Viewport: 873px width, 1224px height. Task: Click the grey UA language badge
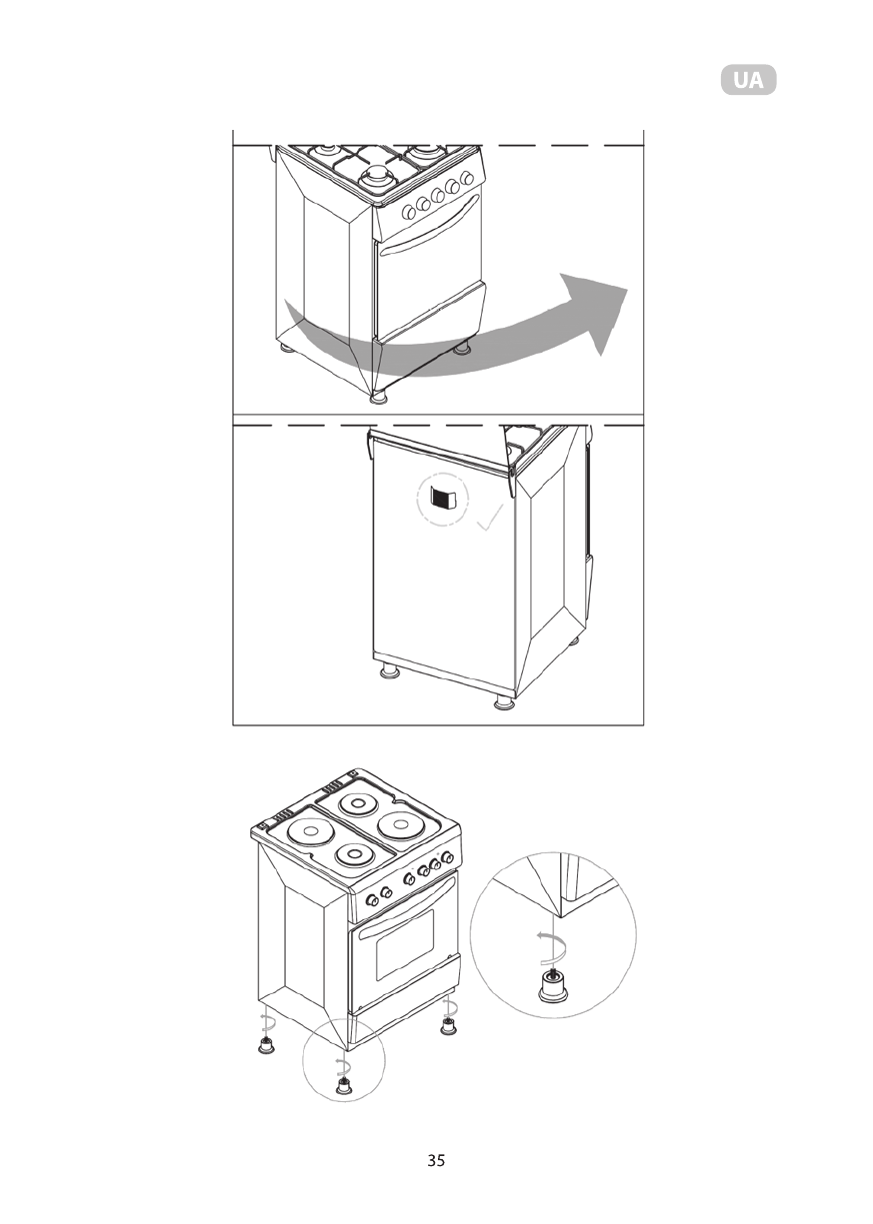(x=748, y=80)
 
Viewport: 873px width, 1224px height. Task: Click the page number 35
(x=436, y=1160)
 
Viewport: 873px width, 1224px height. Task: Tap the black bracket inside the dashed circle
(x=442, y=497)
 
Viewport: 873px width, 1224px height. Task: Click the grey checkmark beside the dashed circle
(x=490, y=518)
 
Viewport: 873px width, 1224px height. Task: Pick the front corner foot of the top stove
(x=379, y=397)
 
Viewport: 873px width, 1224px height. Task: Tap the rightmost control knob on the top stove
(x=466, y=179)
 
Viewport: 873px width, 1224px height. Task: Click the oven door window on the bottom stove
(x=404, y=943)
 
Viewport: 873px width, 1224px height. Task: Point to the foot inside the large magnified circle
(x=551, y=987)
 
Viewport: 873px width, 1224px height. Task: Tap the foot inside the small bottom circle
(x=344, y=1086)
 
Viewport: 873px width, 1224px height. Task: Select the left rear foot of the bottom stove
(x=266, y=1045)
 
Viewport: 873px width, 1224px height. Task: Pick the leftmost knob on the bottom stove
(x=372, y=898)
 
